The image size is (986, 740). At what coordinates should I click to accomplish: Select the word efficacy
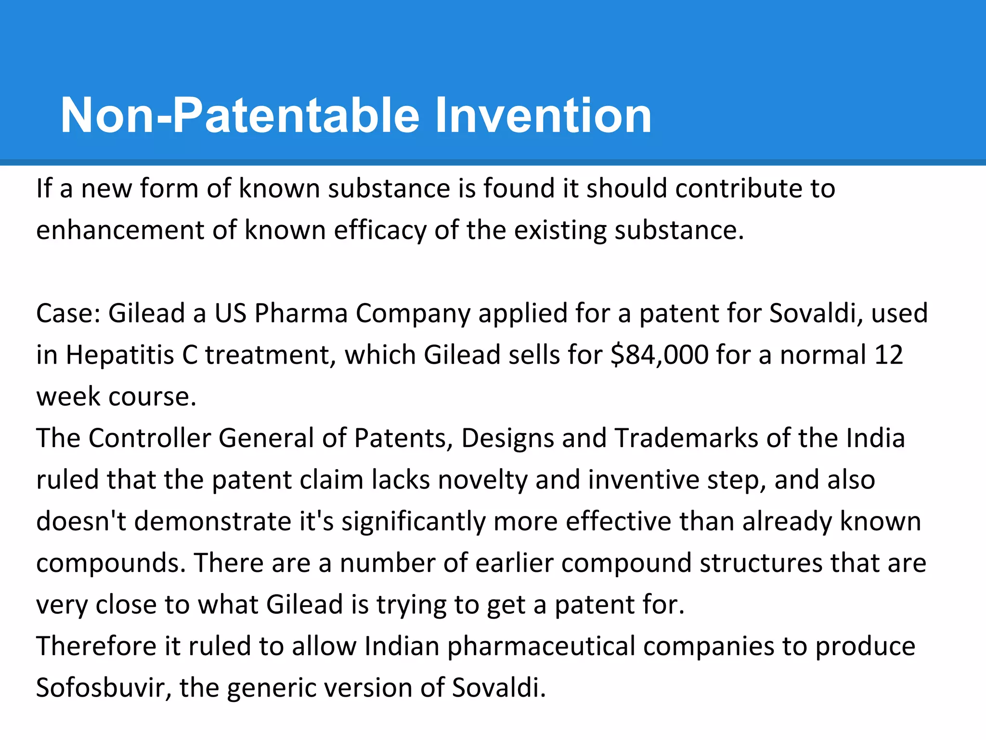(380, 230)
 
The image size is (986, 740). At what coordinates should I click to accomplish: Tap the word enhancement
(120, 230)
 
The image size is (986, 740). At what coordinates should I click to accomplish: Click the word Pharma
(301, 313)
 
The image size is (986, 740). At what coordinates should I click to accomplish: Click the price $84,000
(659, 355)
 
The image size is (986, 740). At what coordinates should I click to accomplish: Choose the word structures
(761, 563)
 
